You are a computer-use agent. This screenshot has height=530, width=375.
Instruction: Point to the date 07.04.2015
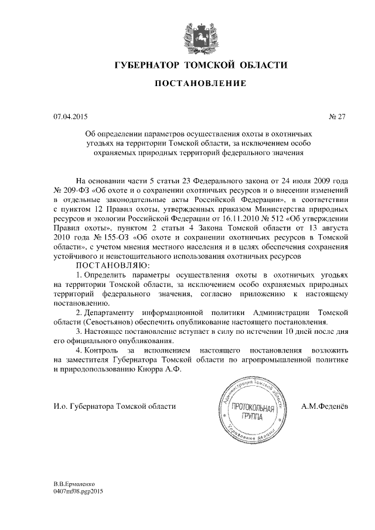pos(70,117)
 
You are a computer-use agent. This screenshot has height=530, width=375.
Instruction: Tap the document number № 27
pos(337,117)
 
